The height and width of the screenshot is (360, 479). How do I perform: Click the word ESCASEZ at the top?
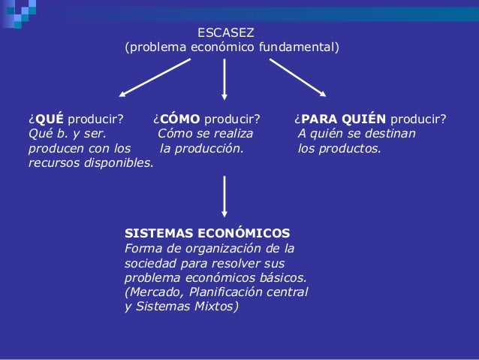(x=225, y=33)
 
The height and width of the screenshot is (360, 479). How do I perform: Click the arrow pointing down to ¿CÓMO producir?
(x=224, y=78)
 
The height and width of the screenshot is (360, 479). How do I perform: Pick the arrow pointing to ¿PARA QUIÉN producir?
(x=297, y=77)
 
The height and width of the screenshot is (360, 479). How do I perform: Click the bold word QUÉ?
(x=49, y=119)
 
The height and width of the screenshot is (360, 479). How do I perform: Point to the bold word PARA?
(x=317, y=119)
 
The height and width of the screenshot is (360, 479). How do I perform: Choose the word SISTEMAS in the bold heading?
(x=153, y=233)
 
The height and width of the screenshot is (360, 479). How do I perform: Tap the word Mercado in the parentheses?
(x=155, y=292)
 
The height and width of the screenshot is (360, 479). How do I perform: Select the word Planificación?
(x=225, y=292)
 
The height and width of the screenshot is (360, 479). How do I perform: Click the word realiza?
(x=230, y=134)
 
